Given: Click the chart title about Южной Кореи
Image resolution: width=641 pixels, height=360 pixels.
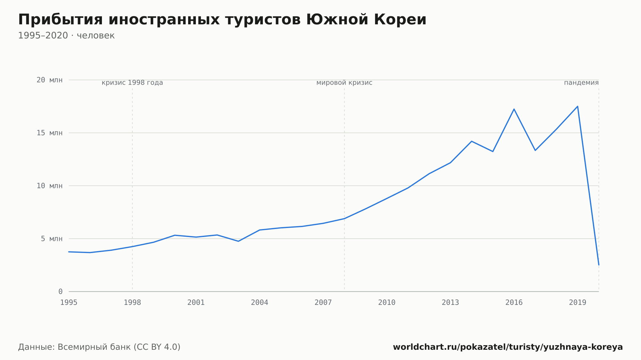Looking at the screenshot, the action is tap(222, 20).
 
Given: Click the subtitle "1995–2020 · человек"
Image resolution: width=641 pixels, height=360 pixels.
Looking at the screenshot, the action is tap(66, 36).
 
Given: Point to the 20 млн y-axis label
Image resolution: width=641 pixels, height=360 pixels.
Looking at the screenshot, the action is tap(50, 80).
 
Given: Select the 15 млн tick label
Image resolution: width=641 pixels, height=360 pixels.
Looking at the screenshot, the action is tap(50, 133).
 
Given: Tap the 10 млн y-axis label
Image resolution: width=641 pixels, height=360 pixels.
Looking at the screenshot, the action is tap(50, 186).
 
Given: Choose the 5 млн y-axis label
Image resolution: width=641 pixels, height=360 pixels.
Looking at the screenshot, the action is tap(52, 239).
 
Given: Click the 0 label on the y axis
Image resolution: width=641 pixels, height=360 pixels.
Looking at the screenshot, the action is tap(61, 291).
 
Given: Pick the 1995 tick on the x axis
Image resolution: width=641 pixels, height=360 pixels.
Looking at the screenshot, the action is tap(69, 302).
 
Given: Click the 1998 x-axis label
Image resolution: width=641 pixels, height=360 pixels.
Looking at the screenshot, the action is tap(132, 302).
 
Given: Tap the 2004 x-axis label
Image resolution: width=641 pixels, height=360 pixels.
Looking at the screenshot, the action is tap(260, 302).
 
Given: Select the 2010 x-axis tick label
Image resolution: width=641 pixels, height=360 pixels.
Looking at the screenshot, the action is tap(387, 302).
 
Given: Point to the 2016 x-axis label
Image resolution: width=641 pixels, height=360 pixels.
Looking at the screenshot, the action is tap(514, 302).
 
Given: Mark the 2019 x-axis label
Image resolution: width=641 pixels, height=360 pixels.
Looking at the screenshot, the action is tap(578, 302).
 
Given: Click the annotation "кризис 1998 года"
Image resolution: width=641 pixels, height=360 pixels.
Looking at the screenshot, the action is tap(132, 83).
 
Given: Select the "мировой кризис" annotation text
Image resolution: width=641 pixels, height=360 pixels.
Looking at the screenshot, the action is tap(345, 83).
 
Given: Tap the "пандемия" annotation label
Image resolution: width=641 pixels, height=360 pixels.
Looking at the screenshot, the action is tap(581, 83).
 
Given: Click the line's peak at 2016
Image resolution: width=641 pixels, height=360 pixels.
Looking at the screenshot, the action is tap(514, 109).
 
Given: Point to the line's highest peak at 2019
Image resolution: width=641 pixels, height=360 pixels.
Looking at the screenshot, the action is tap(578, 106).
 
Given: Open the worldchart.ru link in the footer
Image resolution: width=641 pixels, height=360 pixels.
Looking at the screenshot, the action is tap(508, 347).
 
